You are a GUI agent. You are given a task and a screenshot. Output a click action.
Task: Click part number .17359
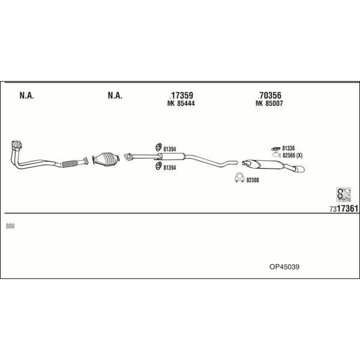click(181, 95)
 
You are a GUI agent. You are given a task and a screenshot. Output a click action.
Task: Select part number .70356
click(269, 95)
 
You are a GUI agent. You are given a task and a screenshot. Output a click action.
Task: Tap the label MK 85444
click(181, 104)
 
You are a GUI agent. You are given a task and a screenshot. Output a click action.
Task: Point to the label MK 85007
click(269, 104)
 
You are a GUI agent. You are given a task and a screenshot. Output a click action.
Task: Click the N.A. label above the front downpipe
click(27, 95)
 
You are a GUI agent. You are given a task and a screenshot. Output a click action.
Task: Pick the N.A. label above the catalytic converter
click(115, 95)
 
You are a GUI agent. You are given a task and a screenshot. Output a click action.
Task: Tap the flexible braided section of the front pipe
click(70, 163)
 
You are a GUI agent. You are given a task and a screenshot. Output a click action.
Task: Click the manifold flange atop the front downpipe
click(17, 145)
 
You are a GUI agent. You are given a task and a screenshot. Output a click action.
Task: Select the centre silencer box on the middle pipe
click(172, 157)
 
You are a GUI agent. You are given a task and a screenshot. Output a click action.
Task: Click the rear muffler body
click(271, 164)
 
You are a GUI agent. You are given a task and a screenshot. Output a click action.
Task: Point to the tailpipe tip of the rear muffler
click(301, 169)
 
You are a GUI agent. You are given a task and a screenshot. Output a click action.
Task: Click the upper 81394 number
click(170, 149)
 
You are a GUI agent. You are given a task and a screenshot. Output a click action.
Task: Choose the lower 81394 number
click(170, 168)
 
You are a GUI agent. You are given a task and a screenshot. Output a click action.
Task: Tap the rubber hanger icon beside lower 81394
click(158, 166)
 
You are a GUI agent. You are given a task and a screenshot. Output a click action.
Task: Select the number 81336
click(289, 148)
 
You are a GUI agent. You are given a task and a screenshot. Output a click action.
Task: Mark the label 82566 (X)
click(293, 155)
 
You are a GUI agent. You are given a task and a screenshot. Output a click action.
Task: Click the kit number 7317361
click(344, 209)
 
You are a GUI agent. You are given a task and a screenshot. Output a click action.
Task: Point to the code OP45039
click(284, 267)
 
